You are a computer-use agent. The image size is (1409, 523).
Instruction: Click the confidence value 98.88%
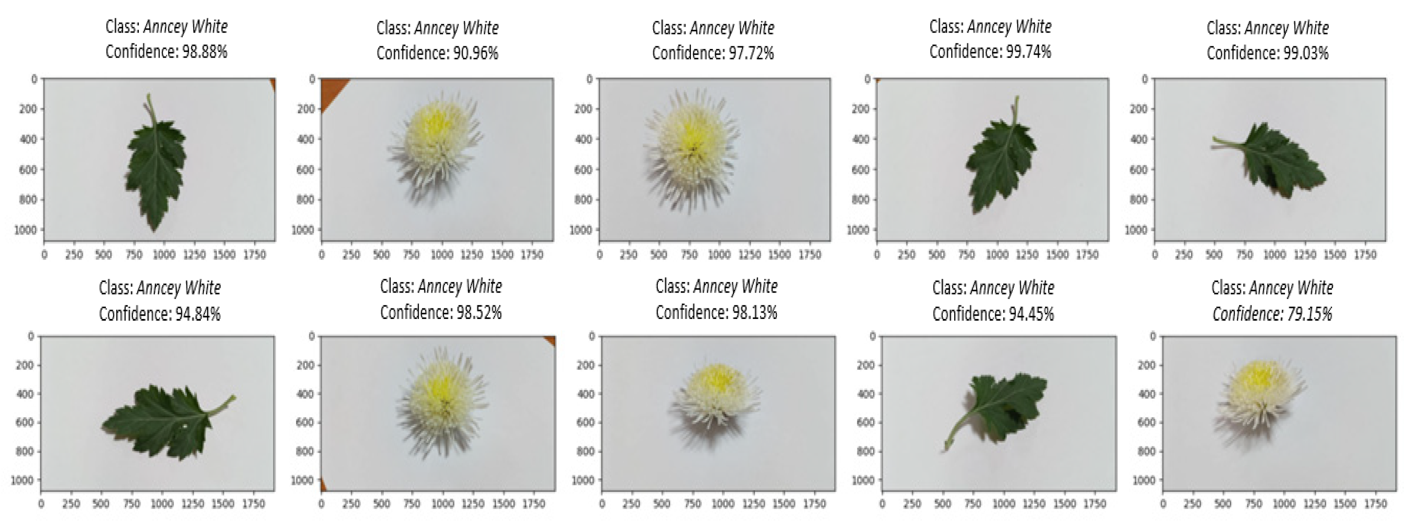pos(205,52)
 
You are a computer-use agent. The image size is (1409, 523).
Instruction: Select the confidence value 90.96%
pos(475,53)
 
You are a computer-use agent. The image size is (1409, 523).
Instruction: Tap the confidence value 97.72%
pos(751,53)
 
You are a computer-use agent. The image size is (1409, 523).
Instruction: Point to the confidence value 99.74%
pos(1029,52)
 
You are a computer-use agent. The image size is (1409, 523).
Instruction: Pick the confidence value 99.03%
pos(1306,53)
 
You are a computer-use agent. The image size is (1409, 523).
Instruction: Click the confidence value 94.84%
pos(197,314)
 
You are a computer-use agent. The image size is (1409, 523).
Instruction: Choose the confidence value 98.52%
pos(479,313)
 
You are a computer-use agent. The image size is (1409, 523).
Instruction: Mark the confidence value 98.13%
pos(754,313)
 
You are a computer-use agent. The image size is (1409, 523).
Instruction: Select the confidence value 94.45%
pos(1031,314)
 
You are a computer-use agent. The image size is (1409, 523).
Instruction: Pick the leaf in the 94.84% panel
pos(164,421)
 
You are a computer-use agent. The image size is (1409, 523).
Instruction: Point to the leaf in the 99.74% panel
pos(1000,164)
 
